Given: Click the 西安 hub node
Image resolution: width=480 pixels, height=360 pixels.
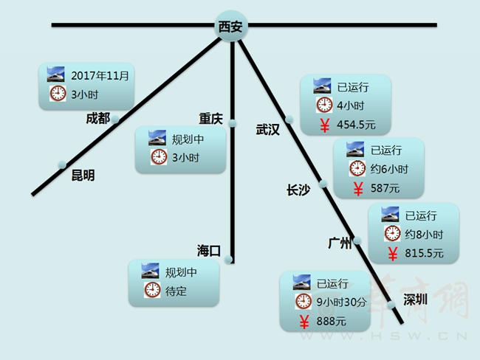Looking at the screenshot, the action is click(x=231, y=26).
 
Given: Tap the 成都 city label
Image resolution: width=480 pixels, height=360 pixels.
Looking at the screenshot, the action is click(x=98, y=118).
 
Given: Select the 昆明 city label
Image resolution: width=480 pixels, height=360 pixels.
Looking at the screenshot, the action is click(x=83, y=176).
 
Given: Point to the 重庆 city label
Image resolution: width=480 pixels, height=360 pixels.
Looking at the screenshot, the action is click(x=210, y=119).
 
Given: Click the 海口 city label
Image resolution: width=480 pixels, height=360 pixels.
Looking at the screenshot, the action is click(x=209, y=251).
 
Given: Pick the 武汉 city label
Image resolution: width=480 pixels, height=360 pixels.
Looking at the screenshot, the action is click(x=268, y=130).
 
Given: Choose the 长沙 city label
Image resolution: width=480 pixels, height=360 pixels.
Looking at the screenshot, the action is click(x=298, y=190).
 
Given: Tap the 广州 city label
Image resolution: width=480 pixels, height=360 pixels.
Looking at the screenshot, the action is click(x=340, y=243).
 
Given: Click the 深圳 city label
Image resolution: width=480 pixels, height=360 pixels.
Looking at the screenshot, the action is click(x=415, y=300).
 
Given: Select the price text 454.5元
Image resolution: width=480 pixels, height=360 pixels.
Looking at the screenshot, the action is click(x=356, y=125).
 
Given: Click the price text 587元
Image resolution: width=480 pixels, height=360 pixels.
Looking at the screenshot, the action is click(x=385, y=188).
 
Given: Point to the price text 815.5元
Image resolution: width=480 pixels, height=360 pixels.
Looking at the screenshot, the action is click(x=424, y=253).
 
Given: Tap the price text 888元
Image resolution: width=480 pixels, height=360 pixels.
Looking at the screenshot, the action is click(x=332, y=322).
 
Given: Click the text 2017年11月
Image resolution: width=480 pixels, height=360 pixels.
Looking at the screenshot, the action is click(x=100, y=76).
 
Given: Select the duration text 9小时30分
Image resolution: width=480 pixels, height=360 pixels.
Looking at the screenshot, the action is click(x=341, y=302).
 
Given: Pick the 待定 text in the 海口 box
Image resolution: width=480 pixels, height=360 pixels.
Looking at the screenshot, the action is click(x=176, y=291).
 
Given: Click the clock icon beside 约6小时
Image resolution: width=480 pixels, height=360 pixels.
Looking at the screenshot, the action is click(x=357, y=168).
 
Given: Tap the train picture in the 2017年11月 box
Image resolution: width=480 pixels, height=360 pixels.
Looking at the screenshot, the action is click(x=55, y=75).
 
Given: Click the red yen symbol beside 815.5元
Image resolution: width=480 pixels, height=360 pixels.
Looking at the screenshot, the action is click(x=393, y=254).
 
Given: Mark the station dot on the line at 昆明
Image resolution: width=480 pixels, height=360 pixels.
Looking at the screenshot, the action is click(x=62, y=165).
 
